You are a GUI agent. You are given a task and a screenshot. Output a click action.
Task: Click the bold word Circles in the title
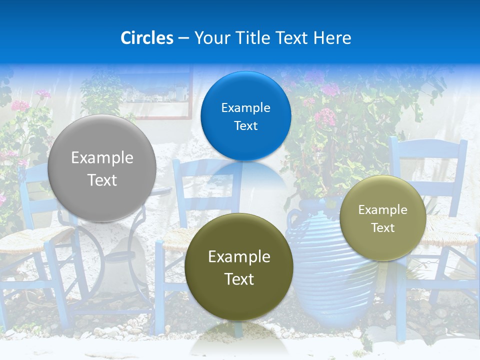[147, 37]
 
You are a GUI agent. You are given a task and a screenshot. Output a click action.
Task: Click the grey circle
[102, 168]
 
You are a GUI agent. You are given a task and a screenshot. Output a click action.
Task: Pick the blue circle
[245, 116]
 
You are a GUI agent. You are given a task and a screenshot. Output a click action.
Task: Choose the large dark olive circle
[239, 267]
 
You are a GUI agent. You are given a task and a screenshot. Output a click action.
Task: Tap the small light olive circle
[383, 218]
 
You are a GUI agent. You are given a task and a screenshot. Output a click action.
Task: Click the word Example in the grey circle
[102, 158]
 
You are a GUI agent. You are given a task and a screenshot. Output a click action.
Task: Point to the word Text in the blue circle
[245, 125]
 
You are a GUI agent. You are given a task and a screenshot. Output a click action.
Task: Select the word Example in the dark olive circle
[239, 257]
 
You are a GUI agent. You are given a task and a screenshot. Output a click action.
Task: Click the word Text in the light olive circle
[383, 228]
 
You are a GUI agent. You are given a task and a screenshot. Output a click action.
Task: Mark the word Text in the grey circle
[102, 180]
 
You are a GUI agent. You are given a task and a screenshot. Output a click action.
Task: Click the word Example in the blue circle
[245, 107]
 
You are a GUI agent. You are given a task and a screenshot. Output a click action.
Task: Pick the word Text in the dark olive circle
[239, 279]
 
